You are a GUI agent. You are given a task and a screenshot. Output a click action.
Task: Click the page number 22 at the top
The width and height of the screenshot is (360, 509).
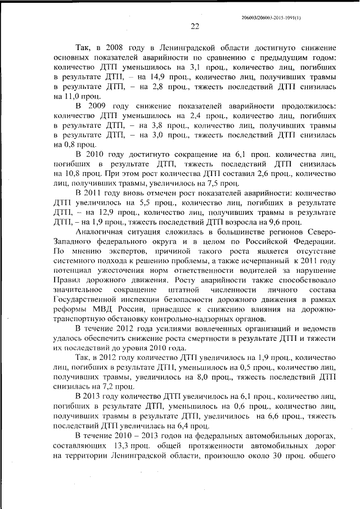tap(195, 25)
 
